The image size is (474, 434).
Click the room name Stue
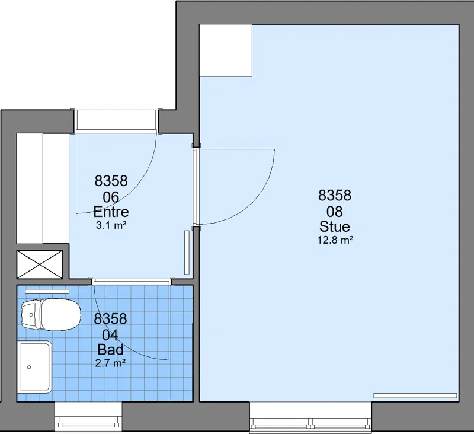point(335,226)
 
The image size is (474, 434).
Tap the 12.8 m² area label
point(335,240)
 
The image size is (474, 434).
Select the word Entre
point(111,212)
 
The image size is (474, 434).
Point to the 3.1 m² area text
point(111,225)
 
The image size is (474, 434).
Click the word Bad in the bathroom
point(110,350)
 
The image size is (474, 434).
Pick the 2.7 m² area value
point(110,363)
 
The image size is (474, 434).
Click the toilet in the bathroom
point(51,315)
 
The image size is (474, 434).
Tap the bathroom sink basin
point(34,367)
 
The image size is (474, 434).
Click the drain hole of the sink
point(29,367)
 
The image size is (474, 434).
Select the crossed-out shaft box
point(40,264)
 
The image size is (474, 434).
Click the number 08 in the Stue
point(335,212)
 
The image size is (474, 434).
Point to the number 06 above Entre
point(111,197)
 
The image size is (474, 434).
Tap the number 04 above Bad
point(110,335)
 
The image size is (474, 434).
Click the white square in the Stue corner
point(226,50)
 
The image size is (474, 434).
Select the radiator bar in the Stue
point(415,395)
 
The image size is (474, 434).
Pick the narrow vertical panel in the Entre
point(187,253)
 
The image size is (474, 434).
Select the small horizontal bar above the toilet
point(47,292)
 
